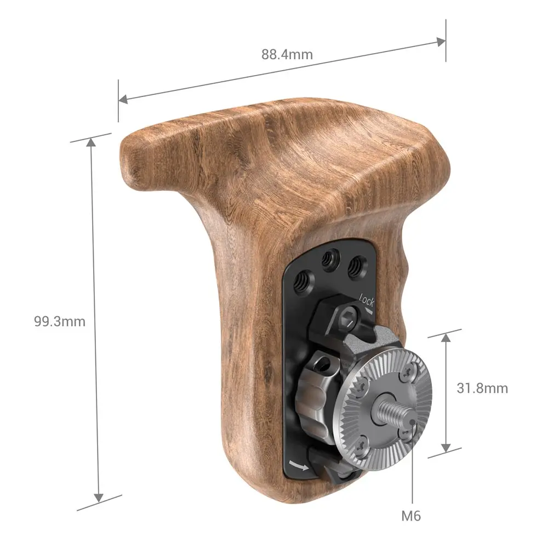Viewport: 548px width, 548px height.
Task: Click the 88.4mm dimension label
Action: pos(287,55)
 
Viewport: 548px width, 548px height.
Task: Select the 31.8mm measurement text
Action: pos(482,389)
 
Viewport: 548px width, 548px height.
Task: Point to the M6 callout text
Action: pos(412,516)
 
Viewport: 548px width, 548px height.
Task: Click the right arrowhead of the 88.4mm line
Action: pos(441,42)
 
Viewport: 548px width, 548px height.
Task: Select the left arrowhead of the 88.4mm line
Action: pos(123,99)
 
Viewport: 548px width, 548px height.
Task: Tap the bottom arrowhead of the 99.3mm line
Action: pos(98,497)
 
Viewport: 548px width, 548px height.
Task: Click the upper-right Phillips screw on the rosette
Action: pos(407,374)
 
